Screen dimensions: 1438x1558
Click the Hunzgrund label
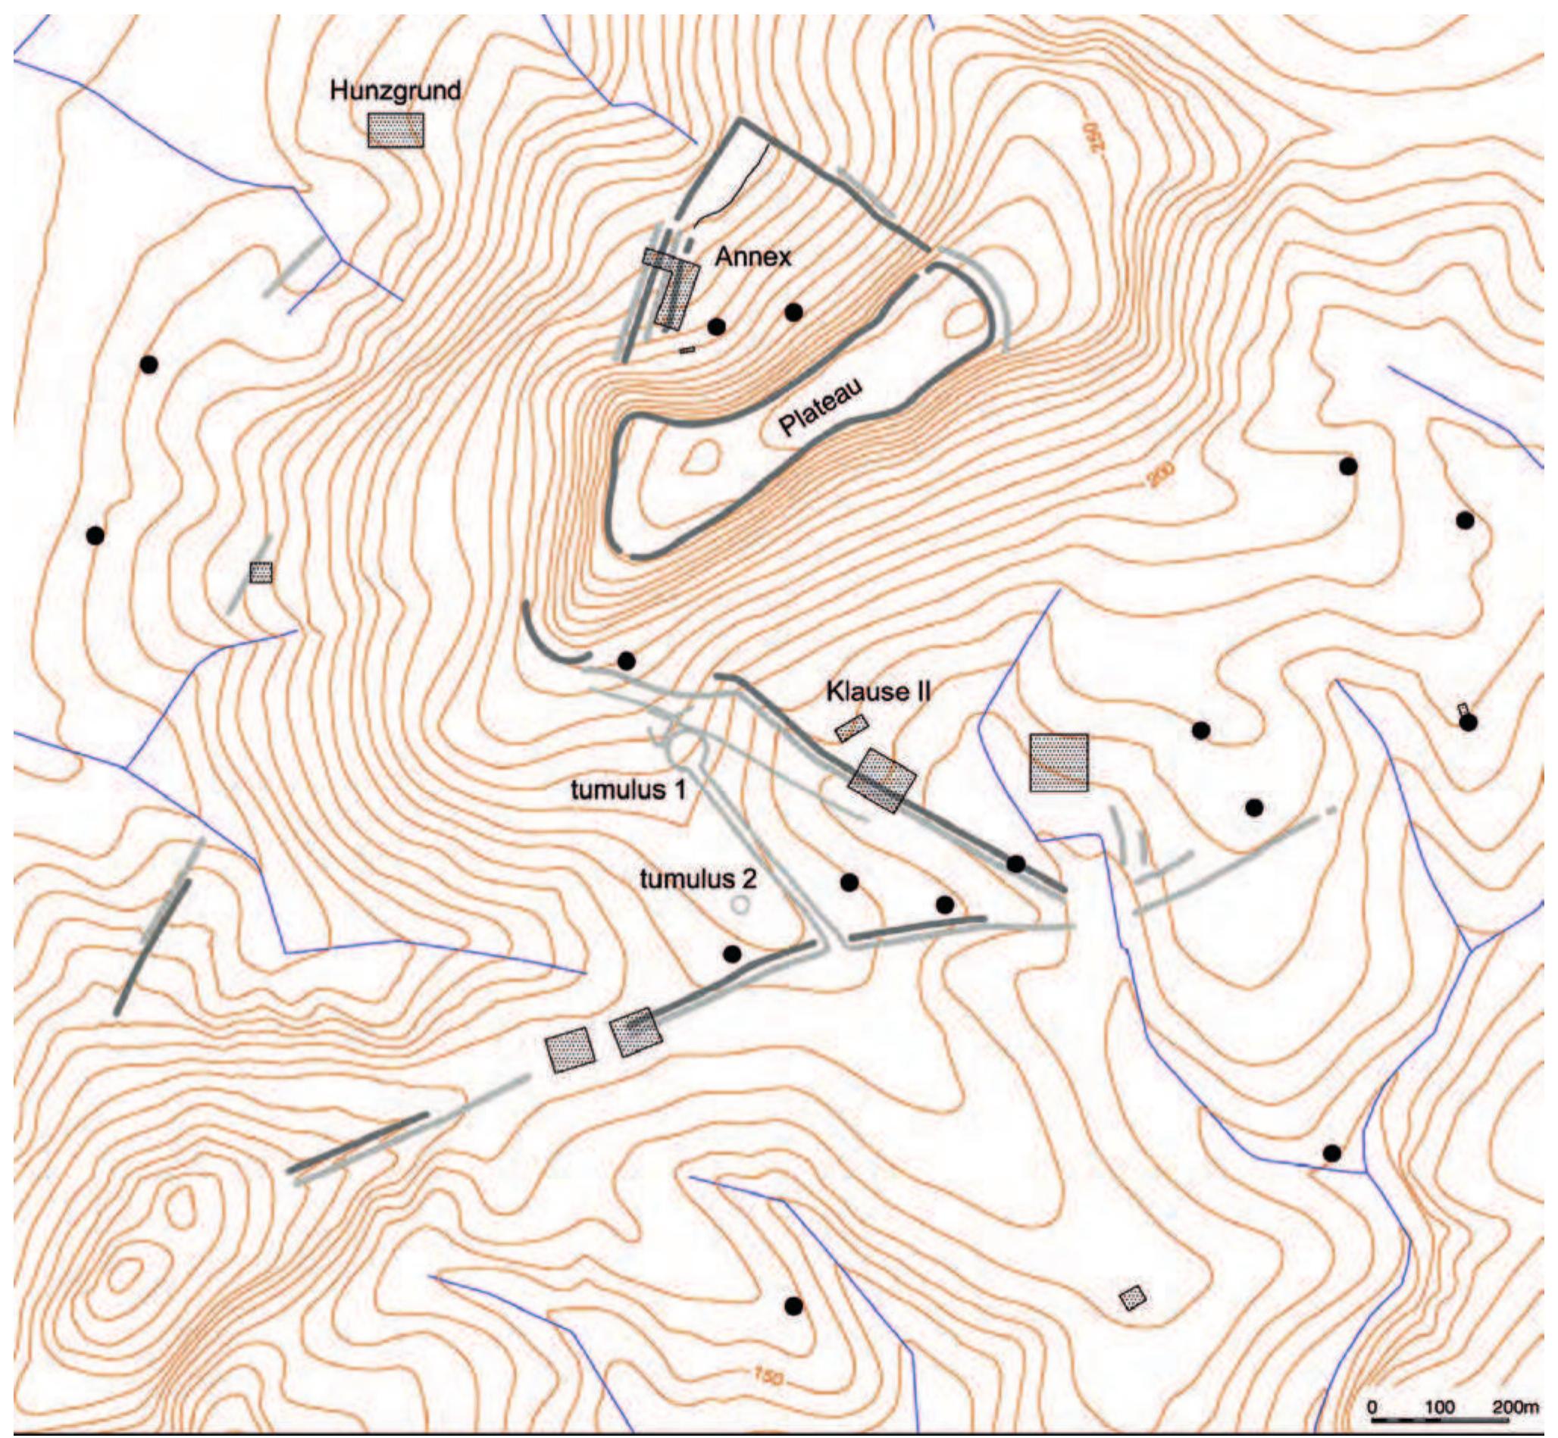(395, 91)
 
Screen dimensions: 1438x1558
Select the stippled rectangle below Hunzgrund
(396, 131)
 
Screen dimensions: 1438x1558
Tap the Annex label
(752, 256)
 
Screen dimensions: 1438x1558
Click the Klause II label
(878, 691)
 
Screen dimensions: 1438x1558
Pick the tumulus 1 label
(628, 789)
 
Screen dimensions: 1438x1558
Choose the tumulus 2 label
(697, 880)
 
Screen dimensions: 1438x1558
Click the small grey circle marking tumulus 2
(741, 904)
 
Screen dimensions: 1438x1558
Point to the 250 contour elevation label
(1092, 137)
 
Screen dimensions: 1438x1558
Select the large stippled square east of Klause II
(1059, 763)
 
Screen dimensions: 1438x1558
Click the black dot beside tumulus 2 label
(849, 883)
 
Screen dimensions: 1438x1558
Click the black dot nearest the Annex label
(717, 327)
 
